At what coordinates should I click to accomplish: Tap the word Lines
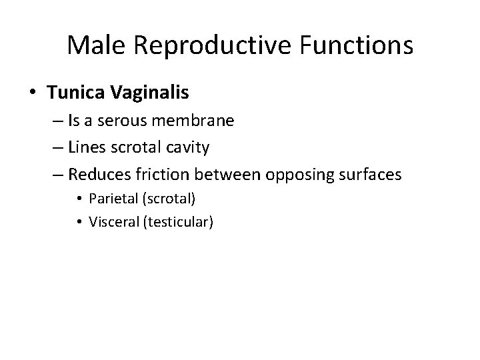tap(85, 147)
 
